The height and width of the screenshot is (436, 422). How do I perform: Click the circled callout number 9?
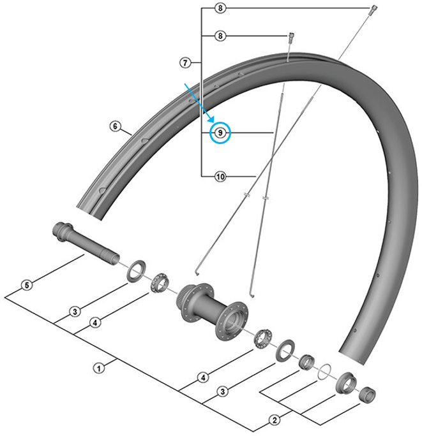tap(220, 133)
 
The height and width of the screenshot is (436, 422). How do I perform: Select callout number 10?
tap(220, 177)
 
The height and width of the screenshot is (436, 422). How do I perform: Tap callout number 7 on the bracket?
tap(185, 62)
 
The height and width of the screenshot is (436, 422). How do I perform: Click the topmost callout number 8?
tap(220, 9)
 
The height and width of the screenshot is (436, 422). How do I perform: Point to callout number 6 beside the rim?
tap(116, 126)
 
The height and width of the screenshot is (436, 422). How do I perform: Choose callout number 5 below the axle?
tap(26, 286)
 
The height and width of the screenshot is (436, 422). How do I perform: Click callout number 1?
tap(99, 368)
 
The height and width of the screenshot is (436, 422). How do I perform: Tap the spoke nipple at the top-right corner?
tap(371, 8)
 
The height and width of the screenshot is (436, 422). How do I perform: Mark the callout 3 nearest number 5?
tap(75, 312)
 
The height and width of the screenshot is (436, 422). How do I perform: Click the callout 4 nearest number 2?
tap(202, 378)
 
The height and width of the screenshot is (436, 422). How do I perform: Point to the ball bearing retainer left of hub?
tap(159, 282)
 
